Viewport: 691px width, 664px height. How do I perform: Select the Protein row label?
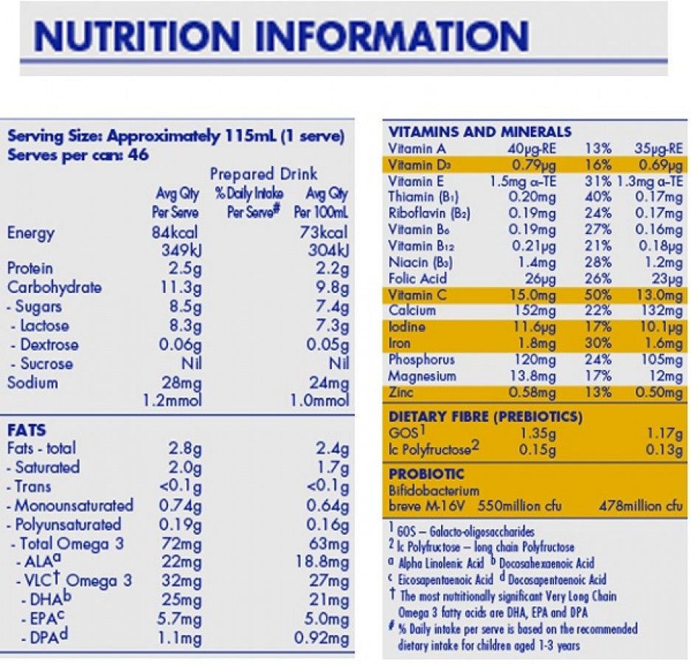pyautogui.click(x=29, y=268)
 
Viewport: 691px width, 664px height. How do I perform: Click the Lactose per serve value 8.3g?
pyautogui.click(x=181, y=326)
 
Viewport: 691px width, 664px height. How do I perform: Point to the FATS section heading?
pyautogui.click(x=26, y=429)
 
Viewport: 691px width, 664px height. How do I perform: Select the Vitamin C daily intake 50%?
pyautogui.click(x=597, y=295)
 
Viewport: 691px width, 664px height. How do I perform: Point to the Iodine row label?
pyautogui.click(x=406, y=327)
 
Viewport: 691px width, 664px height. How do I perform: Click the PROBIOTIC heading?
pyautogui.click(x=426, y=474)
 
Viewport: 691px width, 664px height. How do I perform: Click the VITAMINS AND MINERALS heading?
pyautogui.click(x=479, y=132)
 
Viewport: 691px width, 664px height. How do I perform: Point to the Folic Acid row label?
pyautogui.click(x=417, y=279)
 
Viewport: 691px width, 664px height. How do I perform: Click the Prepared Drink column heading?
pyautogui.click(x=263, y=174)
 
